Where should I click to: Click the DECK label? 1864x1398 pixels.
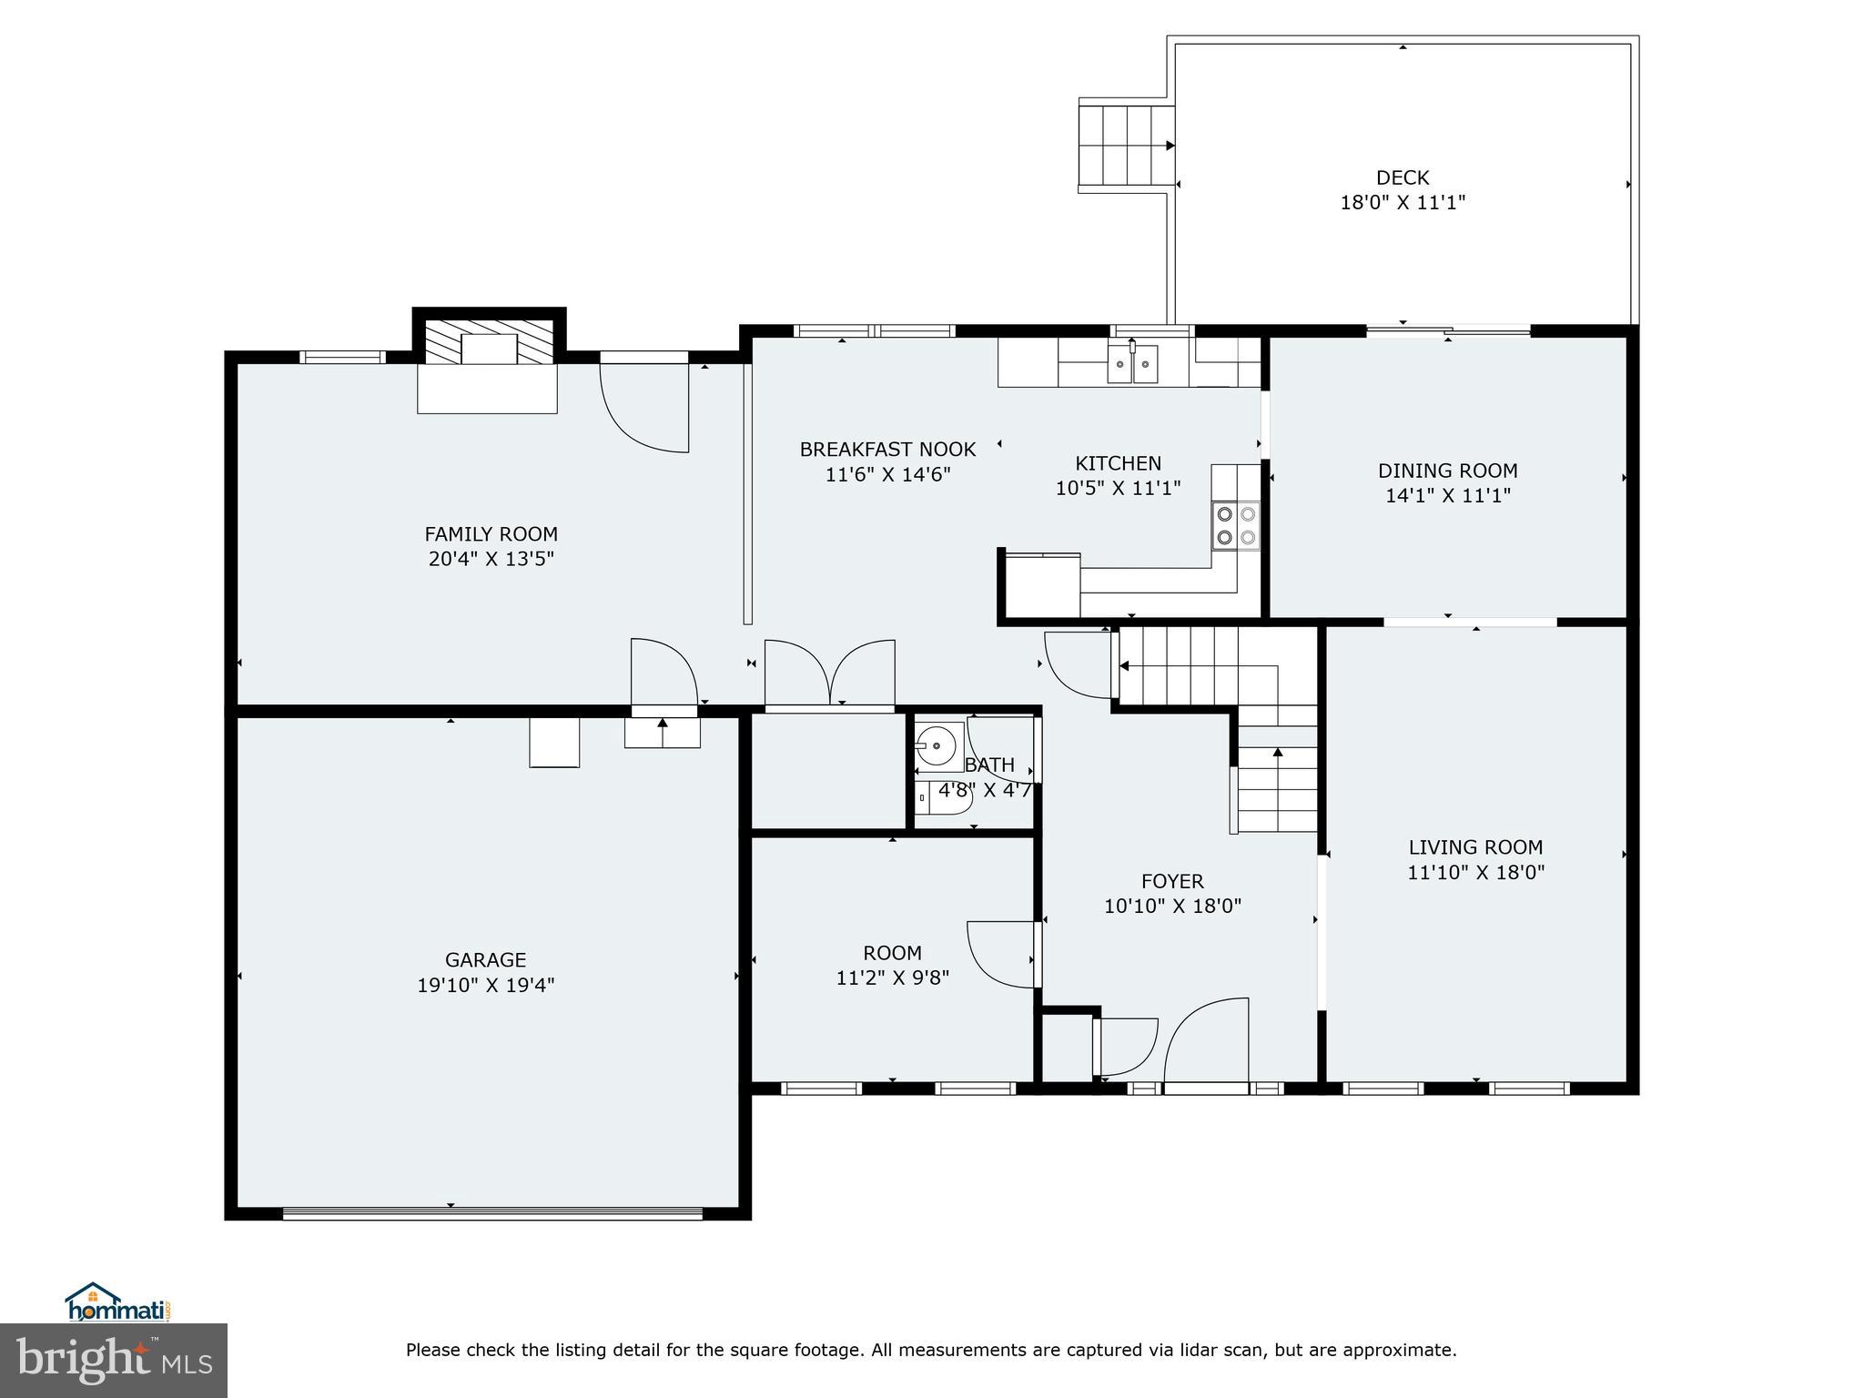(1402, 177)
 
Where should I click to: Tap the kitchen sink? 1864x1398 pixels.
(1132, 364)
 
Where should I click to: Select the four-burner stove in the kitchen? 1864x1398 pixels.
(1236, 526)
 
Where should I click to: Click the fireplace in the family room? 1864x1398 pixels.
(489, 349)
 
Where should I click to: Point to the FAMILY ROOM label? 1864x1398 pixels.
(491, 534)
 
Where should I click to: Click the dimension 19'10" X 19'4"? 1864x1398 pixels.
(485, 985)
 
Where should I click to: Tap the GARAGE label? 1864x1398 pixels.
(485, 959)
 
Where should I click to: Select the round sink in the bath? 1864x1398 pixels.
(936, 746)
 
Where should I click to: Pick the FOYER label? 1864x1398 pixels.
(1172, 881)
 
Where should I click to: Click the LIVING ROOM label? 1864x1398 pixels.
(1475, 847)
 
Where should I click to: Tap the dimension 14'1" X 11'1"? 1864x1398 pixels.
(1447, 495)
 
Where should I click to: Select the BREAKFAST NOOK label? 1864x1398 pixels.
(887, 450)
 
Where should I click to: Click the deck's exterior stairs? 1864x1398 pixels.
(1126, 145)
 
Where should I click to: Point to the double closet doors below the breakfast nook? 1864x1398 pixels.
(829, 674)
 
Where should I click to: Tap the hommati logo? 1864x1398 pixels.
(117, 1303)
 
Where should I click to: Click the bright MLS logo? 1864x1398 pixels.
(114, 1360)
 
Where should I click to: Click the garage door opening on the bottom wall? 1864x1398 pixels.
(492, 1212)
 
